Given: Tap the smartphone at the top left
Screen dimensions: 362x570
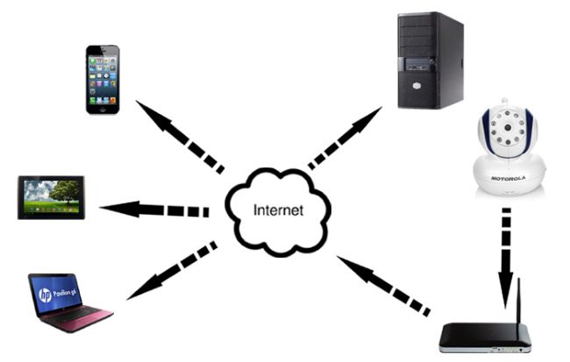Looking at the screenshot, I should (102, 79).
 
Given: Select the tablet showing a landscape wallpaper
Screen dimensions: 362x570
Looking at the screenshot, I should (51, 197).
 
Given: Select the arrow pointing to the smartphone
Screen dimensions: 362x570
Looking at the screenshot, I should (179, 135).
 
